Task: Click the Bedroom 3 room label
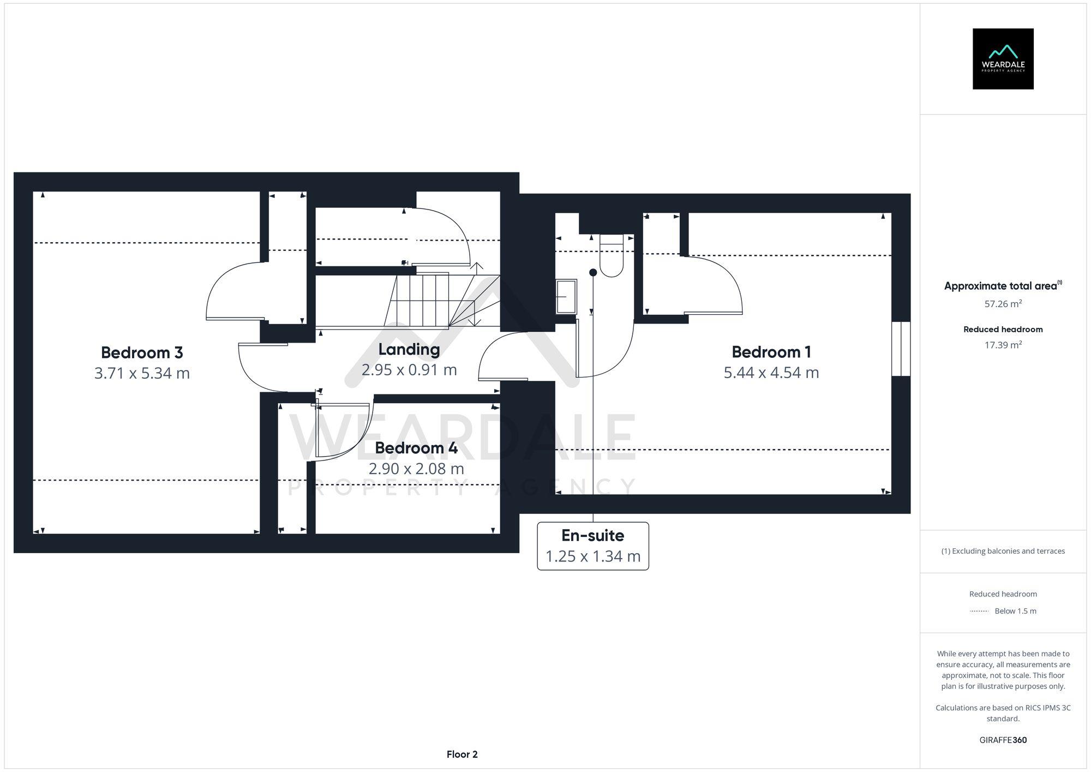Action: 142,352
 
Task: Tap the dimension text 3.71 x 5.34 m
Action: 142,373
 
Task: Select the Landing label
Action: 409,349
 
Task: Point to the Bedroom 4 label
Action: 416,448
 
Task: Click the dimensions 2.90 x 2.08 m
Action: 416,469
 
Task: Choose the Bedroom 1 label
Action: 771,352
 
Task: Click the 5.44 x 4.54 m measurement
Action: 771,373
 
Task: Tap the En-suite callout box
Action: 593,546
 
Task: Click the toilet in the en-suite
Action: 612,257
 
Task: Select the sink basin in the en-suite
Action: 566,297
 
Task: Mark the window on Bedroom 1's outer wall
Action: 901,349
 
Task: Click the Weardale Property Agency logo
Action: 1003,59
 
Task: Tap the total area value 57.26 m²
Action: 1003,304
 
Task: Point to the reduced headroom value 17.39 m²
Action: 1003,345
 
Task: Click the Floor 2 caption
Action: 461,754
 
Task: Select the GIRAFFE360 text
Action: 1003,740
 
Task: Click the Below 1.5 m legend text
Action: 1015,611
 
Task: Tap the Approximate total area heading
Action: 1001,286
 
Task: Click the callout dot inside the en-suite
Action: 593,272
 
